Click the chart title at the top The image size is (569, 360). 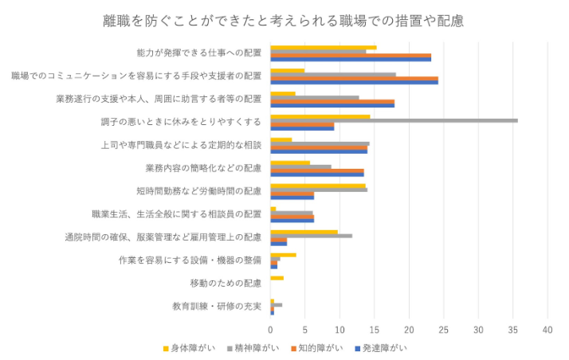tap(284, 20)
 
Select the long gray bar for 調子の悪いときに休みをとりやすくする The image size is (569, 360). tap(394, 120)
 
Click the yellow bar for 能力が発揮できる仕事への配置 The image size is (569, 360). tap(323, 48)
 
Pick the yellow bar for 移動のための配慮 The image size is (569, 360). tap(277, 278)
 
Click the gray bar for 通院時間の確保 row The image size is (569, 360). tap(311, 236)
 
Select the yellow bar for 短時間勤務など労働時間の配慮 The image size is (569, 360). tap(317, 186)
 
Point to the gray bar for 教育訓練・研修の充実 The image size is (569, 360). tap(276, 305)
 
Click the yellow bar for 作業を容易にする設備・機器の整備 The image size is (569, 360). tap(283, 255)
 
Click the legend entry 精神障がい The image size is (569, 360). tap(256, 348)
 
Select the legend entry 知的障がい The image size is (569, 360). tap(320, 348)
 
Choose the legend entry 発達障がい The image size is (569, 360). tap(383, 348)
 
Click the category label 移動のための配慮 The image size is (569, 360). tap(226, 283)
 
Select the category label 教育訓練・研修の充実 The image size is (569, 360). tap(217, 306)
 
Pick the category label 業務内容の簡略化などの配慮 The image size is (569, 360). tap(203, 168)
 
